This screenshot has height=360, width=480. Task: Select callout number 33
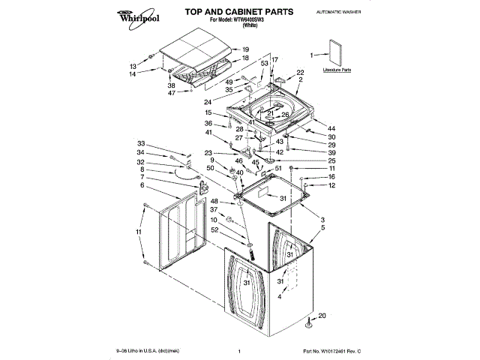[140, 143]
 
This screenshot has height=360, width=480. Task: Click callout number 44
[332, 127]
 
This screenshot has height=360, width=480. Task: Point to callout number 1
[313, 55]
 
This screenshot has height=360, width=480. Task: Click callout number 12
[331, 185]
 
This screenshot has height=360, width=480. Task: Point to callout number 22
[300, 72]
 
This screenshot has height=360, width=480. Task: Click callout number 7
[141, 177]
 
